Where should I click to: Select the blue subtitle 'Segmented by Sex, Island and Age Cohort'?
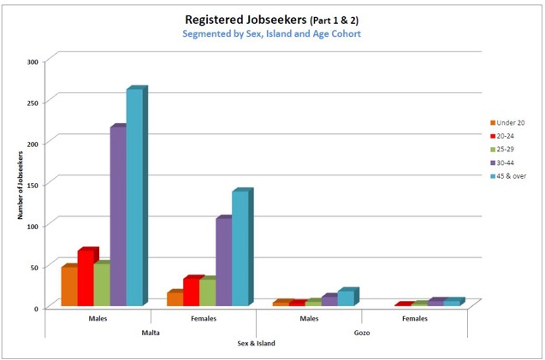click(x=271, y=34)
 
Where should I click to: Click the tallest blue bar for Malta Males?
click(x=134, y=198)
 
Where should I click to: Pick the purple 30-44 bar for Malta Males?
click(x=117, y=217)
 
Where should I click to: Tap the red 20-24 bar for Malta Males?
click(x=84, y=279)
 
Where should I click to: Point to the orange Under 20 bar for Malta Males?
click(x=68, y=286)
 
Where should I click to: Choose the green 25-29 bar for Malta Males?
click(x=100, y=285)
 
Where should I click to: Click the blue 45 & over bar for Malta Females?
click(x=240, y=249)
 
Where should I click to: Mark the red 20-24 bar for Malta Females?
click(x=190, y=292)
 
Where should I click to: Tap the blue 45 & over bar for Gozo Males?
click(x=346, y=298)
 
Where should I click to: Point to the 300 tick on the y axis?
click(x=33, y=62)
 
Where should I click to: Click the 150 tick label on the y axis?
click(x=33, y=184)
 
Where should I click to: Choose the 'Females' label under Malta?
click(x=204, y=319)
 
